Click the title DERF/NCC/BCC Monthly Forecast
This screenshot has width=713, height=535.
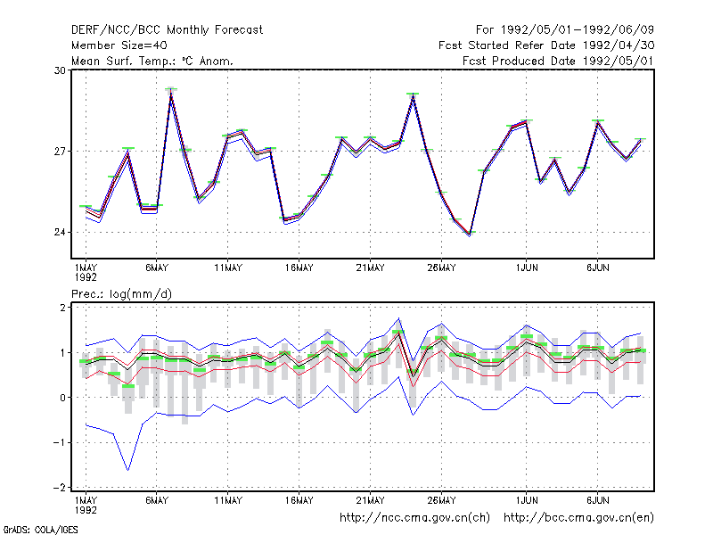[167, 30]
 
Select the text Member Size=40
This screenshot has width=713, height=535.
[119, 45]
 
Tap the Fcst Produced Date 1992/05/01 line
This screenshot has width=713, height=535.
[558, 61]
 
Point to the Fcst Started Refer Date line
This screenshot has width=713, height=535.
[546, 45]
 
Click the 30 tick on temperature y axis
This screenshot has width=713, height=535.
[60, 70]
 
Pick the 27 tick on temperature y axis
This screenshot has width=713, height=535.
[60, 151]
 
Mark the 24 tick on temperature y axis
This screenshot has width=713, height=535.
[60, 233]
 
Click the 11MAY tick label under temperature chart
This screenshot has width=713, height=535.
[228, 268]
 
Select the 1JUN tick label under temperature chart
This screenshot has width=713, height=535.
[527, 268]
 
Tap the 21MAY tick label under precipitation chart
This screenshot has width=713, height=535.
[370, 500]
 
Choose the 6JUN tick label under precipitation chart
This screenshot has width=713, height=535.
[597, 500]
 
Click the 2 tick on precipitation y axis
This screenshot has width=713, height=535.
[62, 308]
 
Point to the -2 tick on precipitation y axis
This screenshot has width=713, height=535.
[60, 487]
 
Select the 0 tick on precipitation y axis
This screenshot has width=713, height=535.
[62, 398]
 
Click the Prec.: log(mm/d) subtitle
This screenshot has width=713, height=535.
[121, 294]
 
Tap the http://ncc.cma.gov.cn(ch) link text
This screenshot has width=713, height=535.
[414, 518]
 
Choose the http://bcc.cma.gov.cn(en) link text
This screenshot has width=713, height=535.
[578, 518]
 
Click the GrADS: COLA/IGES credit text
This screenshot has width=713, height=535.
[40, 530]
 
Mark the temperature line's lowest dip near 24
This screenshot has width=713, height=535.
[470, 235]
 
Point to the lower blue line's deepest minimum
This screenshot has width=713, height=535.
[127, 470]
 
